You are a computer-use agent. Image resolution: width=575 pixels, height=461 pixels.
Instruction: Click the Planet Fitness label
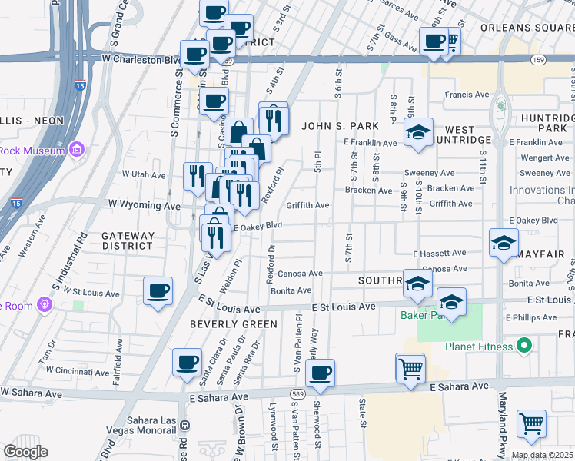(479, 347)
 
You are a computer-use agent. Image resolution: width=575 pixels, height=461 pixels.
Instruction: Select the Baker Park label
(422, 315)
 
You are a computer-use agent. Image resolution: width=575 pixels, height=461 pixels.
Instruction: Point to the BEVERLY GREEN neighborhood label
(234, 324)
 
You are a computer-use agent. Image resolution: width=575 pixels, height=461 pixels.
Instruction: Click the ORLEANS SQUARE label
(527, 28)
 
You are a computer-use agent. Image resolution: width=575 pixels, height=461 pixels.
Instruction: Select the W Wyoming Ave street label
(144, 205)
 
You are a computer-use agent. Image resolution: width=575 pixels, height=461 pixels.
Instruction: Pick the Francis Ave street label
(467, 95)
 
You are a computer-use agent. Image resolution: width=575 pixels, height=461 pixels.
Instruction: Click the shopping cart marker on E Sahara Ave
(410, 369)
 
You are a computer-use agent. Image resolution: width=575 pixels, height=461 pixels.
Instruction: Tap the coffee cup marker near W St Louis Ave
(158, 291)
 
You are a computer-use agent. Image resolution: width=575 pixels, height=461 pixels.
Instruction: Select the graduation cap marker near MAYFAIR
(504, 244)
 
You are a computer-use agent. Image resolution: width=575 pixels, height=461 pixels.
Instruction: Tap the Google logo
(25, 452)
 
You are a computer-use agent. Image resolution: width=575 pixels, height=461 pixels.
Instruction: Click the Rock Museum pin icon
(77, 151)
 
